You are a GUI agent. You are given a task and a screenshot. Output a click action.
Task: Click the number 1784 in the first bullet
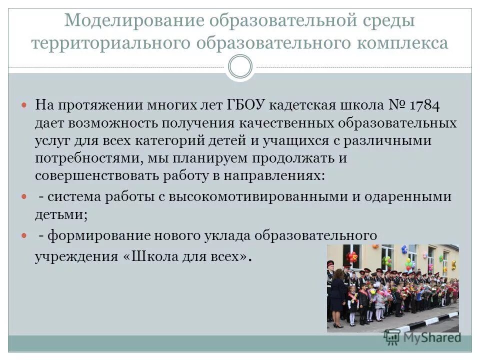(x=425, y=105)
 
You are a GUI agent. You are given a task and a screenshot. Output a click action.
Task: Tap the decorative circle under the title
(x=240, y=67)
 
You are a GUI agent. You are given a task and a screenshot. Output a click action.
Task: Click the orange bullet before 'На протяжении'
(x=26, y=106)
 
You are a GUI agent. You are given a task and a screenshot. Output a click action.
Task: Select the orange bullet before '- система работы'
(x=26, y=197)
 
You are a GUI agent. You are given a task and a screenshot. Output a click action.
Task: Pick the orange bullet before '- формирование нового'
(x=26, y=235)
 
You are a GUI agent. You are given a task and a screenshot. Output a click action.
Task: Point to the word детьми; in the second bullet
(x=61, y=214)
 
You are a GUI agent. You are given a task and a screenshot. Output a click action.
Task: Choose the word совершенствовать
(x=103, y=176)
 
